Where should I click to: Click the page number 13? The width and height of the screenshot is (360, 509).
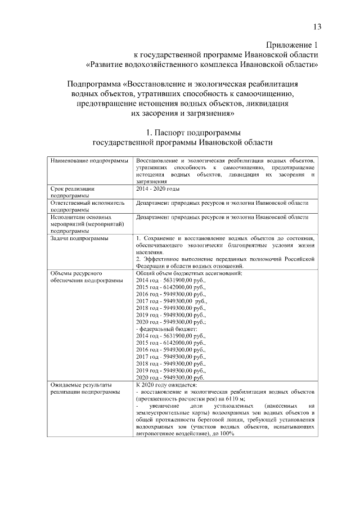coord(317,26)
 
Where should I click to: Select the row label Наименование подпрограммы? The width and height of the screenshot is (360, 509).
coord(89,161)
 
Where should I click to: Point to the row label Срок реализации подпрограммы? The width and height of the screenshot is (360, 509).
coord(72,192)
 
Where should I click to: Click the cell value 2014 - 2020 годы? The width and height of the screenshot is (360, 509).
coord(158,189)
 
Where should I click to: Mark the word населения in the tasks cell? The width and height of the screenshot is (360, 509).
coord(148,253)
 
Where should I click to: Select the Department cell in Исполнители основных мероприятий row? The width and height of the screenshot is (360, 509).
coord(222,217)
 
